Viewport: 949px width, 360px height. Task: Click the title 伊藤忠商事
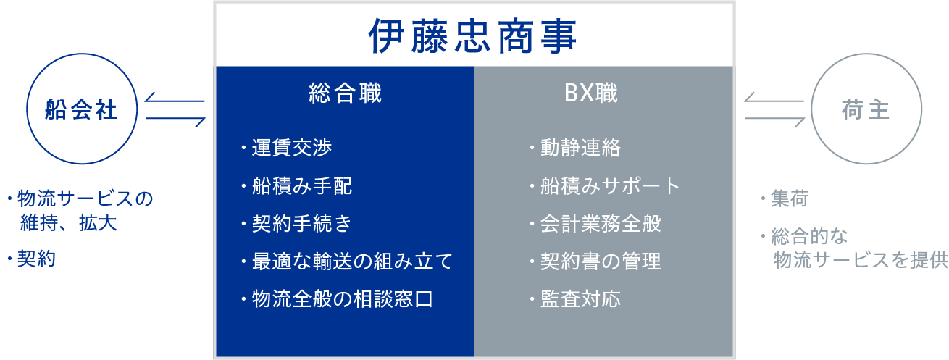[472, 36]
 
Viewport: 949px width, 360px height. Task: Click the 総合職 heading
[346, 93]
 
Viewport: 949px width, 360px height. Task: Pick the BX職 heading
[591, 93]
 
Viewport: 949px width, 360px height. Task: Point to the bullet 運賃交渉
[291, 148]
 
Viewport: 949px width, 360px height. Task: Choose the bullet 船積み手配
[301, 186]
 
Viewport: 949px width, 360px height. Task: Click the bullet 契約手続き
[301, 224]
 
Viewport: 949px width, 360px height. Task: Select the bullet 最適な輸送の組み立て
[352, 261]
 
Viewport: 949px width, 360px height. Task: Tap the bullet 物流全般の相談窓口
[343, 299]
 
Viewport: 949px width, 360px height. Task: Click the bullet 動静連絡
[580, 148]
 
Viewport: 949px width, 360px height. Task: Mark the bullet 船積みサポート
[610, 186]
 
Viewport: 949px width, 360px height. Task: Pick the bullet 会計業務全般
[601, 224]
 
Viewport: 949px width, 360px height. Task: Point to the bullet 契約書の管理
[601, 261]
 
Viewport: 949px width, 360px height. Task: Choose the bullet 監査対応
[580, 299]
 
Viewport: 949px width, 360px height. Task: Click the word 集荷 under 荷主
[790, 198]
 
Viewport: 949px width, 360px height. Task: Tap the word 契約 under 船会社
[36, 259]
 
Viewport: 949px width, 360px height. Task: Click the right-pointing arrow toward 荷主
[775, 119]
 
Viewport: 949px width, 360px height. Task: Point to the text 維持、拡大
[69, 223]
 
